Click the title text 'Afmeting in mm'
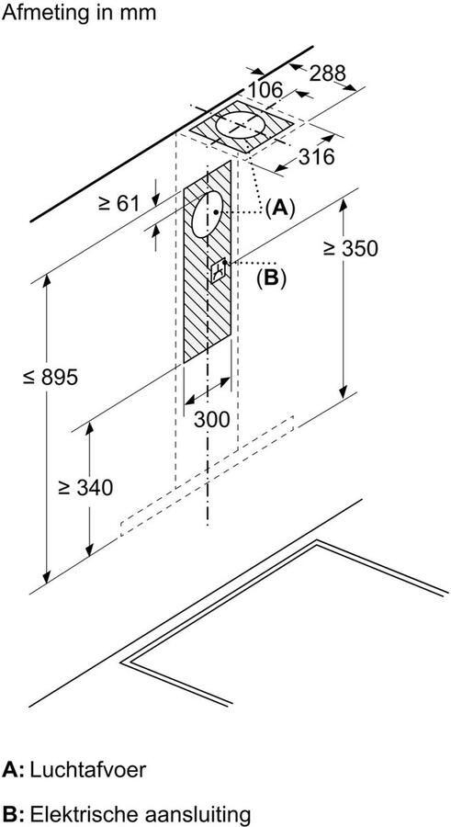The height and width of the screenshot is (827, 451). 80,13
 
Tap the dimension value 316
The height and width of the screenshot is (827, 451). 315,157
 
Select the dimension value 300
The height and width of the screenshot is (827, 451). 213,419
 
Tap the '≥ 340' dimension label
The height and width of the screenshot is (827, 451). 84,488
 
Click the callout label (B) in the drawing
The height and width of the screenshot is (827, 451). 271,278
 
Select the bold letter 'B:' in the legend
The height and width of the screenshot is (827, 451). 13,814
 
